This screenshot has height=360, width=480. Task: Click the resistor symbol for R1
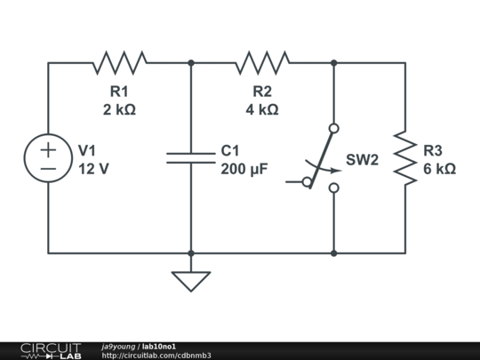pos(120,62)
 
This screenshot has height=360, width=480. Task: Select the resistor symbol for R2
pos(262,62)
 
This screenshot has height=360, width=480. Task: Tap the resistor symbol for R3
pos(405,158)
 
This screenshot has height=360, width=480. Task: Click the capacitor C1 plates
pos(191,158)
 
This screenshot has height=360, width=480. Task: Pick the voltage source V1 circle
pos(48,158)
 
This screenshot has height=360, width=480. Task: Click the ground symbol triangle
pos(191,281)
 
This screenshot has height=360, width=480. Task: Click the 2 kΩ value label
pos(119,109)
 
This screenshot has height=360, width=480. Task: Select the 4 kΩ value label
pos(262,109)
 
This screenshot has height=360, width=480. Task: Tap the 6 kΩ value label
pos(439,169)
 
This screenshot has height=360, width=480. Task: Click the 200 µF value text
pos(244,169)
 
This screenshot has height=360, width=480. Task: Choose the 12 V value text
pos(93,169)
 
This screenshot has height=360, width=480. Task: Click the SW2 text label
pos(363,160)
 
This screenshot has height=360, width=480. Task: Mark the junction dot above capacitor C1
pos(191,62)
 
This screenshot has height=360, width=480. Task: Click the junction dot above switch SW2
pos(333,62)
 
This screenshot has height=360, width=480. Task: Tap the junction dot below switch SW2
pos(333,253)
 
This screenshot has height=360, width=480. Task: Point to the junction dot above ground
pos(191,253)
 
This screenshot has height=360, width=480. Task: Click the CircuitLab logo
pos(51,350)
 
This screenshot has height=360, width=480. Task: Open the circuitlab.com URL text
pos(156,356)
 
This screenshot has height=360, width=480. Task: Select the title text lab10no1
pos(159,346)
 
